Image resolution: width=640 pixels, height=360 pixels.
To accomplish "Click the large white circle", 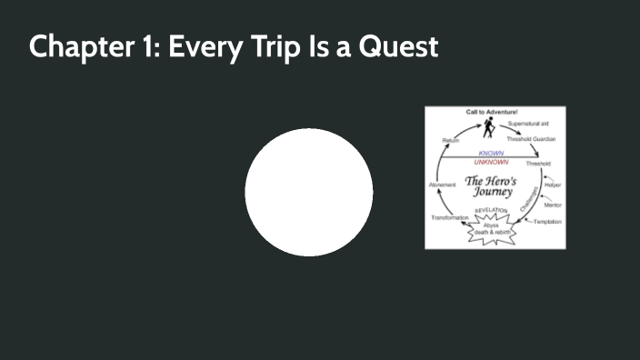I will [309, 192].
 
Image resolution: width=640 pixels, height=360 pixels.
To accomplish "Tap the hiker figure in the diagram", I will [489, 129].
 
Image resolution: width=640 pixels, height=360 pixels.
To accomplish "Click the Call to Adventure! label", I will [492, 112].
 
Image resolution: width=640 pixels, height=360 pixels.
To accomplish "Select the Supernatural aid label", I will [527, 123].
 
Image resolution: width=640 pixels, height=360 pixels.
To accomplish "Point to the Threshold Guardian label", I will [531, 139].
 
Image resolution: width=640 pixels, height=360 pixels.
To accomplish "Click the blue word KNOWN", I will [493, 154].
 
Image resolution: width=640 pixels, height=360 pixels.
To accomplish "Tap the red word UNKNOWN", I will [492, 162].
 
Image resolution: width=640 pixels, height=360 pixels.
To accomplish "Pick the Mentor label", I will [553, 205].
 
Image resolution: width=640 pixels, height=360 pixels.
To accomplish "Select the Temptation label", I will [547, 222].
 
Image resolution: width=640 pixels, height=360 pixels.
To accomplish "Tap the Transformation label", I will [449, 218].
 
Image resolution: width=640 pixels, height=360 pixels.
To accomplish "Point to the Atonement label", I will [442, 185].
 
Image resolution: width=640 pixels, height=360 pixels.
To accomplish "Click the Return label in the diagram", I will [450, 140].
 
